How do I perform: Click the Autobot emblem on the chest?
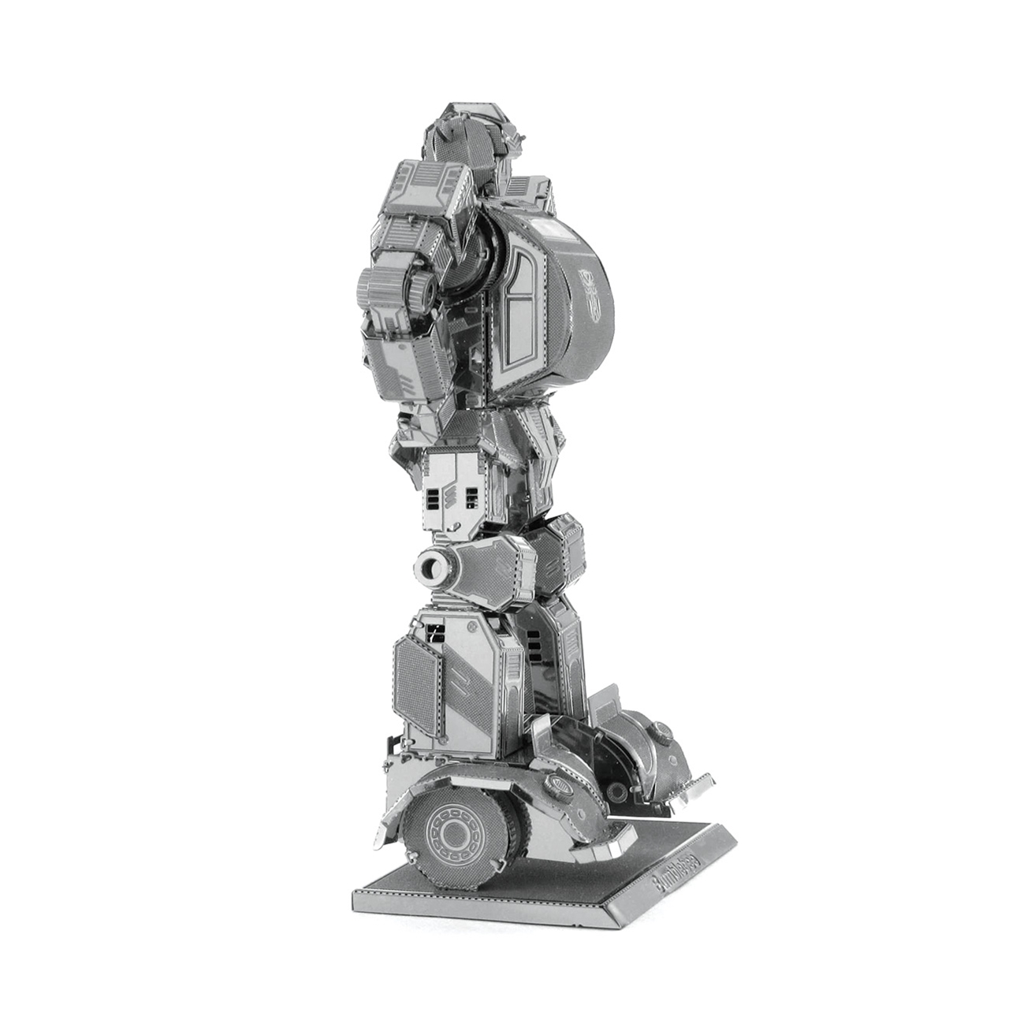click(x=590, y=286)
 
